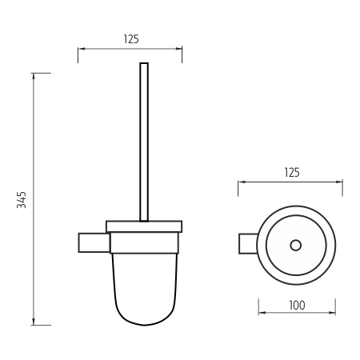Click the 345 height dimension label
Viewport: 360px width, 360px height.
tap(22, 199)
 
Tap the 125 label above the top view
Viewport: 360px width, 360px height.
tap(291, 173)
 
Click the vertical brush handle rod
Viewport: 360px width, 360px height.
tap(144, 144)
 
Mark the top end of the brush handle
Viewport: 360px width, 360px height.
tap(144, 63)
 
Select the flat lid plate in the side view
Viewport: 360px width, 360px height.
tap(144, 225)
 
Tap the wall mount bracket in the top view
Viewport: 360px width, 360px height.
tap(247, 242)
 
